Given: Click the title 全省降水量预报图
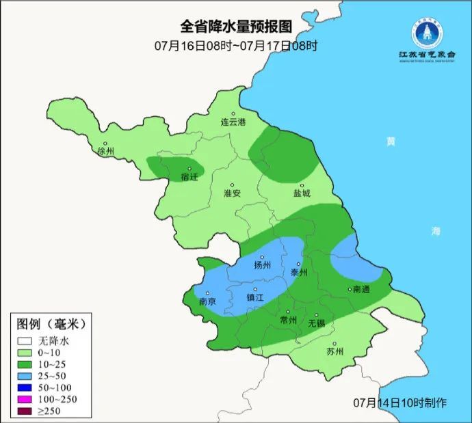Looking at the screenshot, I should coord(235,27).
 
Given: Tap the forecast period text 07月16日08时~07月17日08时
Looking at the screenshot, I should coord(235,46).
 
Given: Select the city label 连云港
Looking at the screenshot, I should coord(233,122).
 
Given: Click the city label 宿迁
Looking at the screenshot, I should coord(189,177).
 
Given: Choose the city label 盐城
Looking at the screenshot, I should coord(302,193).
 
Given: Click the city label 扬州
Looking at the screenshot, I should coord(263,266).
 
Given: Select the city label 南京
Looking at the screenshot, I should coord(207,301).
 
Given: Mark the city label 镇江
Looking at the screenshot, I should coord(255,298).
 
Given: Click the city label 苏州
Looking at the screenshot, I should coord(335,352).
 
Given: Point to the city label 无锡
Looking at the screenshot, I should coord(316,323).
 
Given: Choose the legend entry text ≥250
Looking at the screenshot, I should coord(50,411).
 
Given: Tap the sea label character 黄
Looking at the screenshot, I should coord(391,142).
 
